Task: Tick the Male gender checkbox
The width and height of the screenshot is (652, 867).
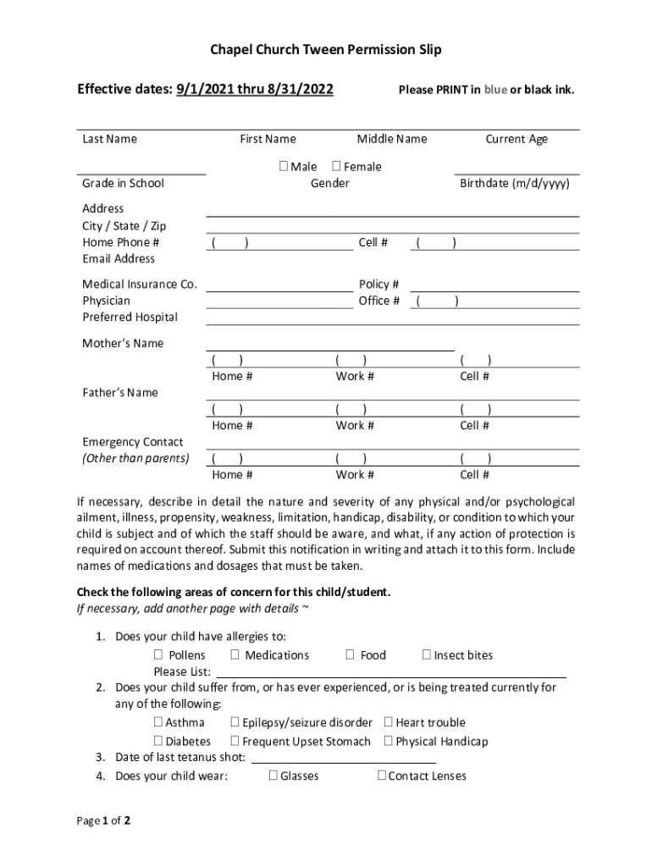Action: pos(283,167)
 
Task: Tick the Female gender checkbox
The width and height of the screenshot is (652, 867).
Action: pos(336,167)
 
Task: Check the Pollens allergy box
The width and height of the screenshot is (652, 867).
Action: pos(158,655)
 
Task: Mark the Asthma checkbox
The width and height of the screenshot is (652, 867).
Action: pos(158,723)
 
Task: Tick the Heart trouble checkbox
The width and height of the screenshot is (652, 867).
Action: pos(388,723)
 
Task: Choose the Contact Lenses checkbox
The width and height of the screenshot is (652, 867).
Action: pos(381,776)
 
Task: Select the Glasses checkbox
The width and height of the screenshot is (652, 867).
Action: pos(274,776)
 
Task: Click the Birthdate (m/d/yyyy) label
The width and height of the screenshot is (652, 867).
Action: pos(514,184)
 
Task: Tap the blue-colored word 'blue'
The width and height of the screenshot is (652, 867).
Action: pos(495,90)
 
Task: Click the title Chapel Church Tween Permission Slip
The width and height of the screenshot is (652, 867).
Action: pos(326,51)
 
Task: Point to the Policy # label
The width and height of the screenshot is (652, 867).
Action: pos(378,284)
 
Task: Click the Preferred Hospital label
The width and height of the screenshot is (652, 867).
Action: pos(130,318)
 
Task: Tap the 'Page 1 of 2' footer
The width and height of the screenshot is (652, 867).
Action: pos(104,821)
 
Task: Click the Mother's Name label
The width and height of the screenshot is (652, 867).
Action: pos(123,344)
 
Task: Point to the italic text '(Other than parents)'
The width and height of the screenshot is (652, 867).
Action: pos(135,459)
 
